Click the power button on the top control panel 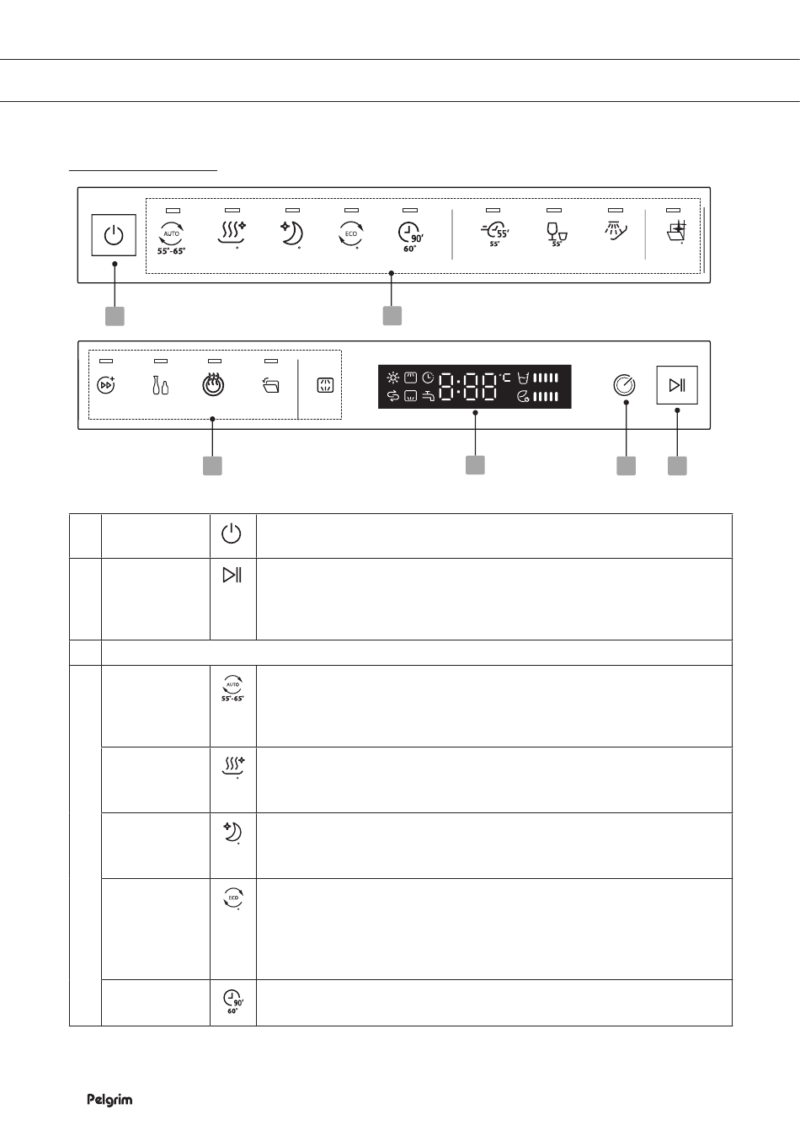(114, 235)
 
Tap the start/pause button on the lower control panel (677, 385)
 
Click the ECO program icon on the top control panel (350, 234)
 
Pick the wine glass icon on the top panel (557, 234)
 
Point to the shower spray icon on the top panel (616, 231)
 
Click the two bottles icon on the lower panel (160, 385)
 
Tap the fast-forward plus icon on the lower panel (106, 385)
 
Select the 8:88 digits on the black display (467, 387)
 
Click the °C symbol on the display (505, 378)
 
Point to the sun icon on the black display (392, 378)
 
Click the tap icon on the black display (428, 396)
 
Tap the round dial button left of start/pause (624, 385)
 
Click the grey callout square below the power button (115, 316)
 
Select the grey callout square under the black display (475, 465)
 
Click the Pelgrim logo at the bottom (109, 1100)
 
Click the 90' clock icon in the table (233, 1002)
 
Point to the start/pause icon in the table (232, 575)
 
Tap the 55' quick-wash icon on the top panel (495, 233)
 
